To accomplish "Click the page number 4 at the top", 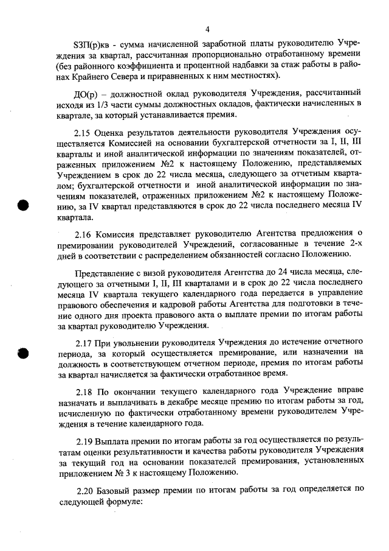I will [207, 29].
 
